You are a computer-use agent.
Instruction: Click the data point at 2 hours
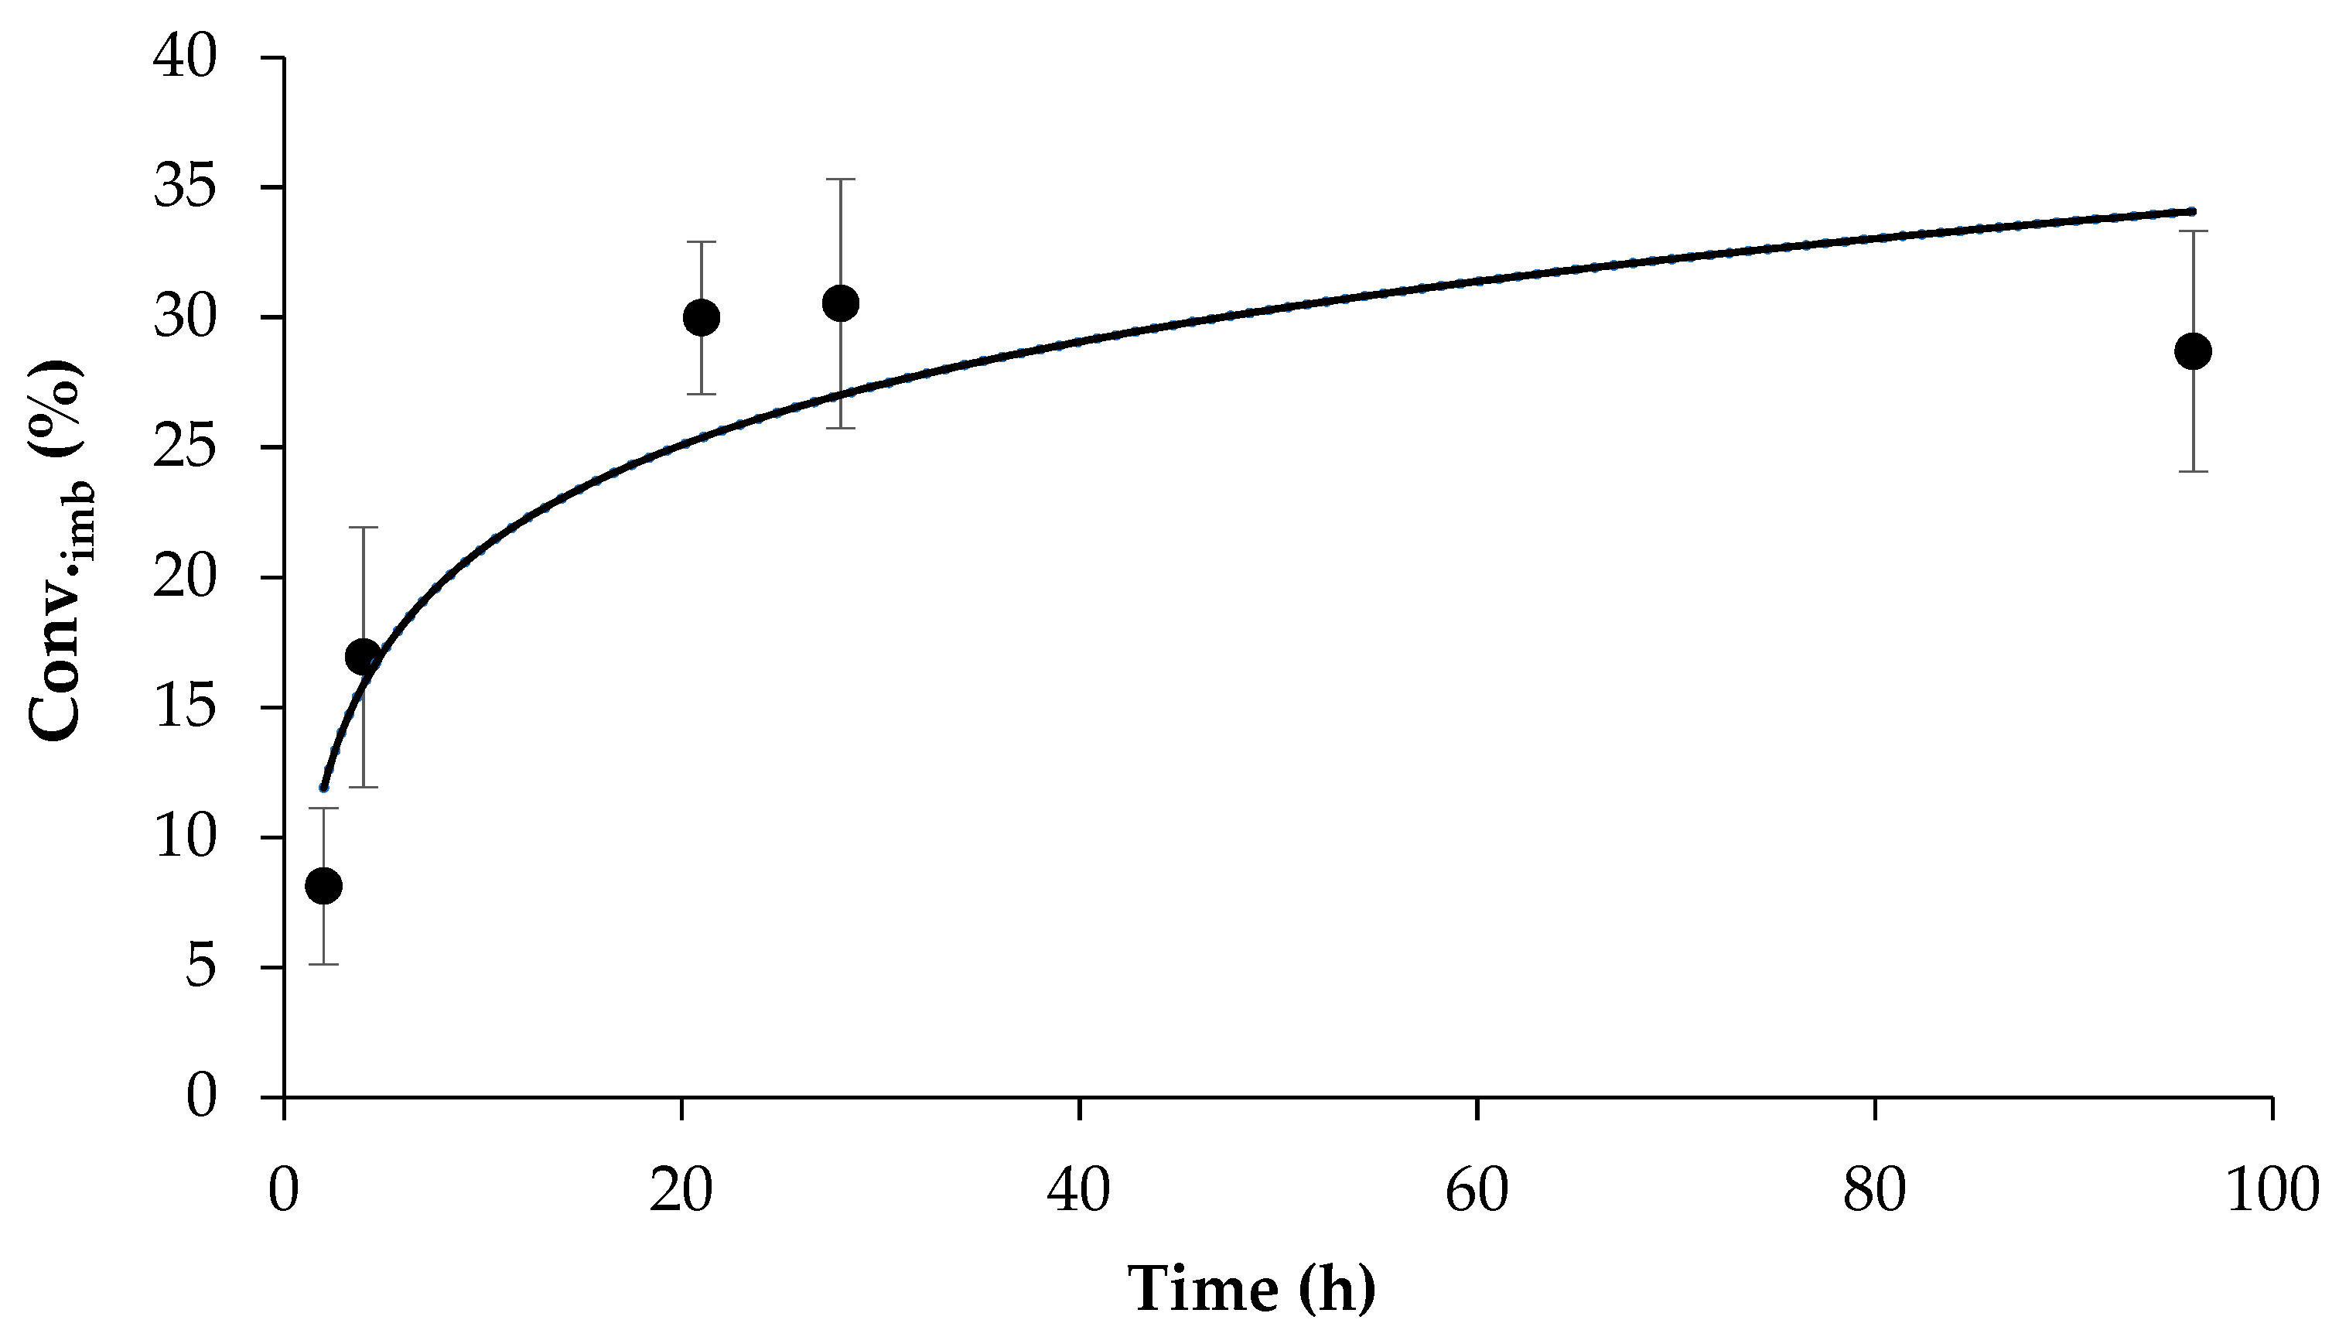pos(323,885)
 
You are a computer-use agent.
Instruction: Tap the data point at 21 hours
pos(702,318)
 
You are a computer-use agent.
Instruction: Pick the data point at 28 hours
pos(841,303)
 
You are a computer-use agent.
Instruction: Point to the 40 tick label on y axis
pos(186,58)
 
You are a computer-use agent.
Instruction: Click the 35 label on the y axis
pos(186,188)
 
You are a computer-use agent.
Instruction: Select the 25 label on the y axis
pos(186,448)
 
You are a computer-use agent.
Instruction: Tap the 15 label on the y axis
pos(186,708)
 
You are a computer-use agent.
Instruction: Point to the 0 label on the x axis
pos(285,1191)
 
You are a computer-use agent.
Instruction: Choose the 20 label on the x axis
pos(681,1191)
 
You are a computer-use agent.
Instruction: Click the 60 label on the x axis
pos(1476,1191)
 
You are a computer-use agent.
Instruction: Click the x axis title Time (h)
pos(1252,1288)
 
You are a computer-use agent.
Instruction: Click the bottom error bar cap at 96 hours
pos(2193,471)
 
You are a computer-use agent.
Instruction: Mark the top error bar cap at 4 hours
pos(364,527)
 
